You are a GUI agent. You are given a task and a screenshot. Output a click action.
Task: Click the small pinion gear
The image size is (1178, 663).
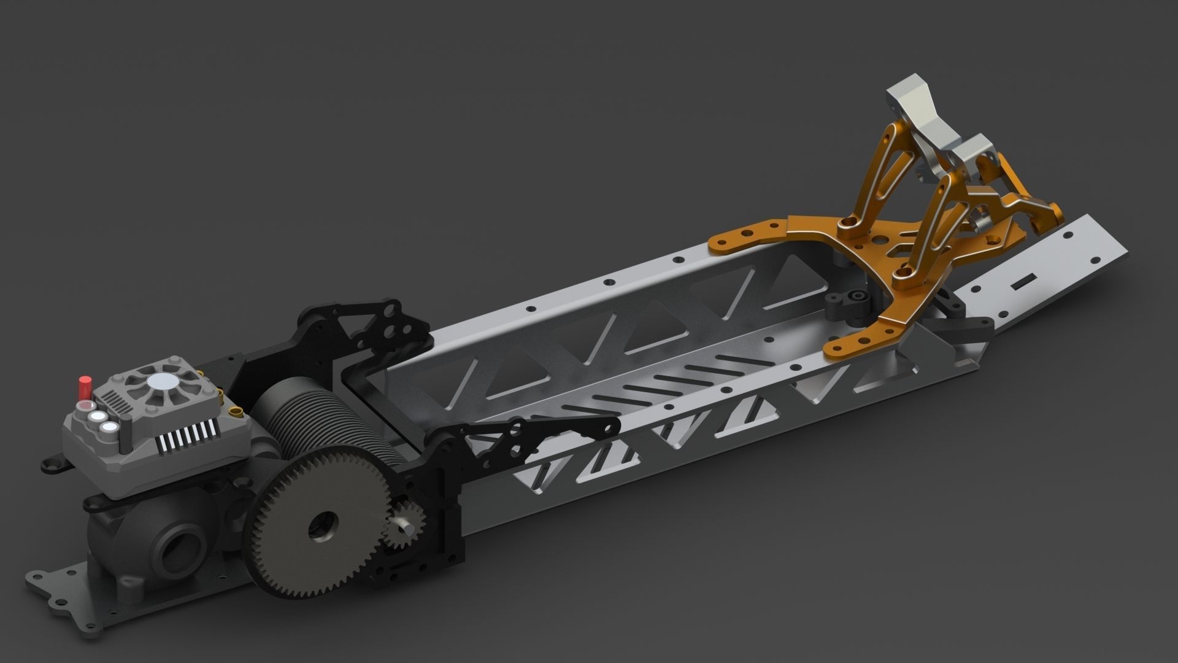398,525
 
